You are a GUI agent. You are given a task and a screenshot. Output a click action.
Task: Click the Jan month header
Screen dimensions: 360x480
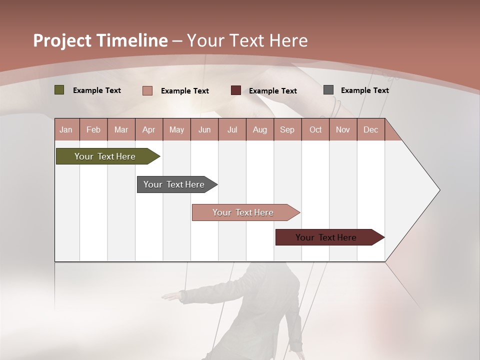click(66, 129)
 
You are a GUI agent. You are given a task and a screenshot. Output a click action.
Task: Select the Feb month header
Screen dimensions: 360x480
click(93, 129)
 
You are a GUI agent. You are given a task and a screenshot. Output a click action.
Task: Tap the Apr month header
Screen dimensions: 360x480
click(148, 129)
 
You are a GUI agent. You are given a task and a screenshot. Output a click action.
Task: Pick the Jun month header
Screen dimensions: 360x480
click(204, 129)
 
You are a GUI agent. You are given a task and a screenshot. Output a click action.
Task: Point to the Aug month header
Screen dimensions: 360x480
click(259, 129)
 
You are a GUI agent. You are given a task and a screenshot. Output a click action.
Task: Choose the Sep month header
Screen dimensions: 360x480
click(287, 129)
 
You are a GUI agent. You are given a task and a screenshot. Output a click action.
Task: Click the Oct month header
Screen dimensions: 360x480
click(315, 129)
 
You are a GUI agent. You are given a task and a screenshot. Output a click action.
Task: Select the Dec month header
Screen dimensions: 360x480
click(370, 129)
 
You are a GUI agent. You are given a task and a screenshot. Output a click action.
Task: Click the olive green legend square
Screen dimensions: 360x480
click(59, 90)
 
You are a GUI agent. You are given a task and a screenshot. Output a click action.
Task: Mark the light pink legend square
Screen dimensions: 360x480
click(147, 90)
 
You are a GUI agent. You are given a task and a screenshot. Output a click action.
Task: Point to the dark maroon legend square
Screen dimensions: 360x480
click(236, 90)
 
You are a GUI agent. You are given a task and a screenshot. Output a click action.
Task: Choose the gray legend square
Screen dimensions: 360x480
click(328, 90)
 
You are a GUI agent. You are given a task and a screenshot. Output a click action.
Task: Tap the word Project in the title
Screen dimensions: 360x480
click(62, 40)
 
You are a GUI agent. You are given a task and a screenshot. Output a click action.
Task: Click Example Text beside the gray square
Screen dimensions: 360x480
click(364, 90)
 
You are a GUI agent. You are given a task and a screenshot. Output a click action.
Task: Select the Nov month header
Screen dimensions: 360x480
click(343, 129)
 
